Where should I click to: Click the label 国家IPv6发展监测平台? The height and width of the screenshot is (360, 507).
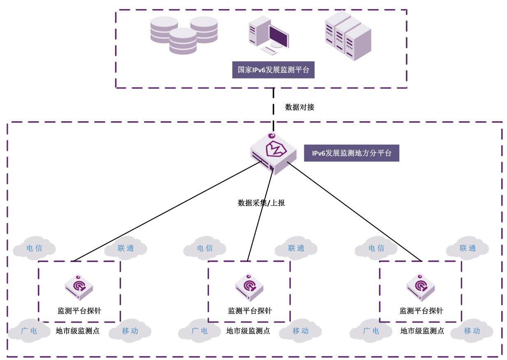pyautogui.click(x=273, y=70)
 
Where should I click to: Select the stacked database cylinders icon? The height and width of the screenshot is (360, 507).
pyautogui.click(x=183, y=35)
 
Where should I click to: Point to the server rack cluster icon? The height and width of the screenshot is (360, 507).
pyautogui.click(x=348, y=36)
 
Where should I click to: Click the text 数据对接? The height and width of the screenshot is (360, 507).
pyautogui.click(x=299, y=107)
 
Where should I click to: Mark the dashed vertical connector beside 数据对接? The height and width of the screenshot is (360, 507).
pyautogui.click(x=273, y=105)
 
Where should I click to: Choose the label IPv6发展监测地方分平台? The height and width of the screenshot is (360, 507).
pyautogui.click(x=351, y=153)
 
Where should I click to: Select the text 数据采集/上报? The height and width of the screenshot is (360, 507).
pyautogui.click(x=261, y=203)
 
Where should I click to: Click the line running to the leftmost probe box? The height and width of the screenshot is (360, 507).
pyautogui.click(x=164, y=212)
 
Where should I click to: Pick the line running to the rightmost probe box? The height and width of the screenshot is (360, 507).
pyautogui.click(x=354, y=211)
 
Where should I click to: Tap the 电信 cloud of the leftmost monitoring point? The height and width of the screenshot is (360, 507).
pyautogui.click(x=34, y=248)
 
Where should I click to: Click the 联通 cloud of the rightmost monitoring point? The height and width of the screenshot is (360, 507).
pyautogui.click(x=468, y=248)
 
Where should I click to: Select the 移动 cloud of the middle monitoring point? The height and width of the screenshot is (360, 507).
pyautogui.click(x=301, y=330)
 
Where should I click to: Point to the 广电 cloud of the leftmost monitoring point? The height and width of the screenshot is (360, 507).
pyautogui.click(x=28, y=330)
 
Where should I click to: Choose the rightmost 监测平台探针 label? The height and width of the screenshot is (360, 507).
pyautogui.click(x=421, y=311)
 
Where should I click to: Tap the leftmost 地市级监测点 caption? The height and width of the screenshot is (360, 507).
pyautogui.click(x=78, y=331)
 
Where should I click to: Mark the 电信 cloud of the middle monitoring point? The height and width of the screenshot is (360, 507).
pyautogui.click(x=205, y=248)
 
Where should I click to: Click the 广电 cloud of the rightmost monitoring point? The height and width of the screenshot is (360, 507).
pyautogui.click(x=370, y=330)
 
